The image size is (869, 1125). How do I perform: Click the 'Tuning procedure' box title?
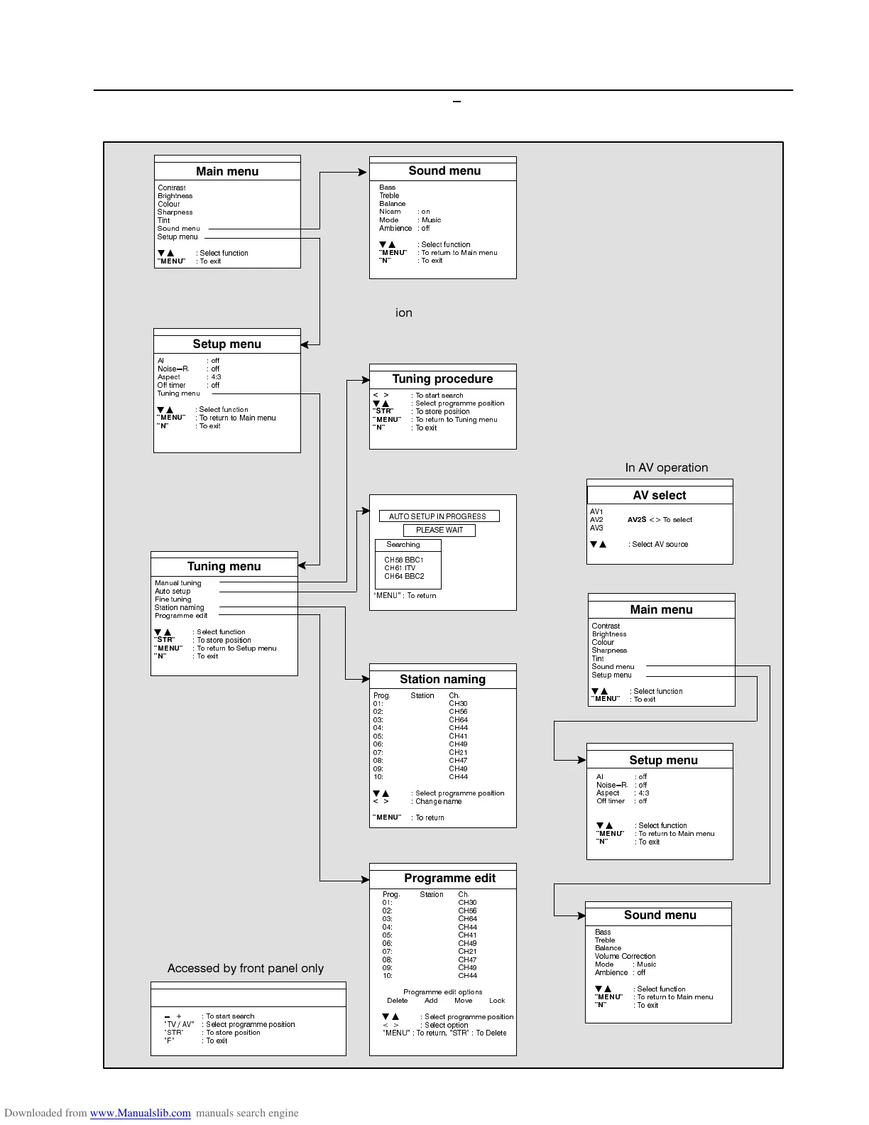click(x=442, y=379)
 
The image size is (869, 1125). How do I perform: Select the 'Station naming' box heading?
click(x=442, y=680)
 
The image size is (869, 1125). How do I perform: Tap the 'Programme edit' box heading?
click(x=449, y=879)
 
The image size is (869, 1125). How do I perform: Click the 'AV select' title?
click(x=660, y=496)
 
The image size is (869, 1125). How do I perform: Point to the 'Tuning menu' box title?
click(x=224, y=567)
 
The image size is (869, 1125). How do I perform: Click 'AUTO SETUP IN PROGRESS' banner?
click(x=438, y=516)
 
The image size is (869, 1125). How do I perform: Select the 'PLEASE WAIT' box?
click(x=439, y=530)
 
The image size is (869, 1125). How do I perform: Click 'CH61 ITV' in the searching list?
click(x=400, y=568)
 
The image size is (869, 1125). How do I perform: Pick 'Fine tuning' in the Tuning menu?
click(x=173, y=599)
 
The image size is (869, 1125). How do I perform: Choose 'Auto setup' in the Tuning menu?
click(x=173, y=591)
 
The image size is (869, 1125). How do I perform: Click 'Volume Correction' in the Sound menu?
click(x=625, y=956)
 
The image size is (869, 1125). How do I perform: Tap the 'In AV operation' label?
click(x=666, y=467)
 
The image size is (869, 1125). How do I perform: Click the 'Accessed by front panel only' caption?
click(x=245, y=969)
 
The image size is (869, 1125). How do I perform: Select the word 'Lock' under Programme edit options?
click(x=497, y=1001)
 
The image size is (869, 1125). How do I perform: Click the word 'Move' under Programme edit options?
click(x=463, y=1001)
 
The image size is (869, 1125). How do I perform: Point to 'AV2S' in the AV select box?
click(x=637, y=520)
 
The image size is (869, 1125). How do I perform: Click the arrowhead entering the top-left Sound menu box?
click(x=364, y=172)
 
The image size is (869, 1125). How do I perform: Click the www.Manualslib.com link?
click(x=140, y=1113)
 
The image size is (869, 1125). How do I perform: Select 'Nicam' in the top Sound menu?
click(x=390, y=212)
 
